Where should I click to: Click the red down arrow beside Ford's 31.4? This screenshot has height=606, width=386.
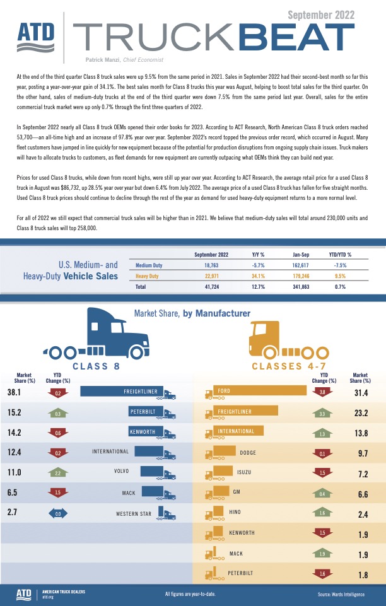(x=322, y=392)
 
